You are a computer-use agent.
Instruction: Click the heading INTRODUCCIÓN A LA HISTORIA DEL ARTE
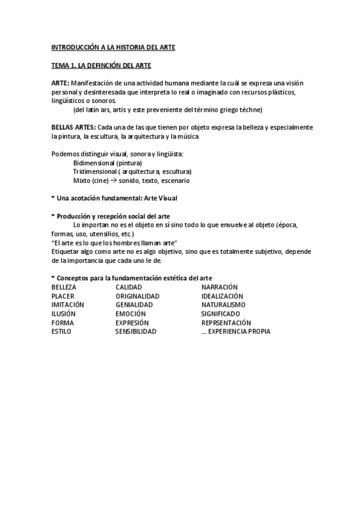(x=113, y=46)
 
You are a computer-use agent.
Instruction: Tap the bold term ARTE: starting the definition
(x=60, y=82)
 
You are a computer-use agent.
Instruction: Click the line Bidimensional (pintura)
(x=108, y=163)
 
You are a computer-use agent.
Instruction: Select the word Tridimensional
(x=94, y=171)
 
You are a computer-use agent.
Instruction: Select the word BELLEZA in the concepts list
(x=64, y=287)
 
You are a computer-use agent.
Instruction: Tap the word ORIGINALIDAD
(x=137, y=296)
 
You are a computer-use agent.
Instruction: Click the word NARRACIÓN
(x=219, y=287)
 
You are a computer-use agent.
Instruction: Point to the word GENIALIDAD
(x=134, y=305)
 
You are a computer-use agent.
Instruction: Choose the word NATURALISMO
(x=223, y=305)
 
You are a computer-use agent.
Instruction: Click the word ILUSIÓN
(x=63, y=313)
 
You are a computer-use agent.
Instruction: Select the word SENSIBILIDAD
(x=136, y=331)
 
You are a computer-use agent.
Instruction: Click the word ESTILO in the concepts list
(x=61, y=331)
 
